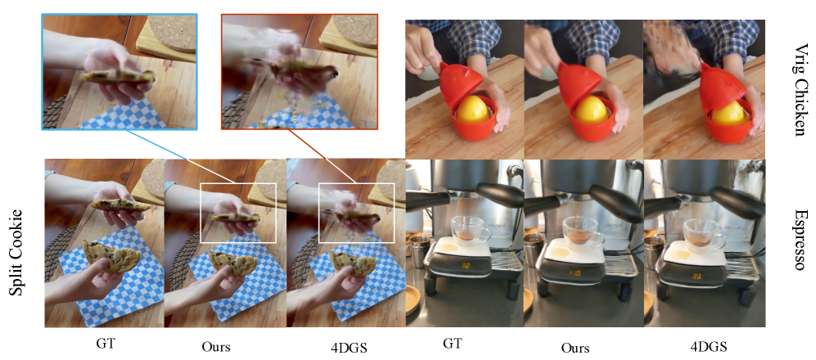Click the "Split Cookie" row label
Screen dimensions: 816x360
(x=17, y=252)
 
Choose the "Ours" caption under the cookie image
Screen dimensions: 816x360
(x=215, y=346)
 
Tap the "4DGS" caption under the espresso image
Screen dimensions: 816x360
(x=708, y=347)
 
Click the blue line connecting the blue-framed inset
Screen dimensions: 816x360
(x=160, y=145)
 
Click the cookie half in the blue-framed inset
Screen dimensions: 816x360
(x=117, y=76)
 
